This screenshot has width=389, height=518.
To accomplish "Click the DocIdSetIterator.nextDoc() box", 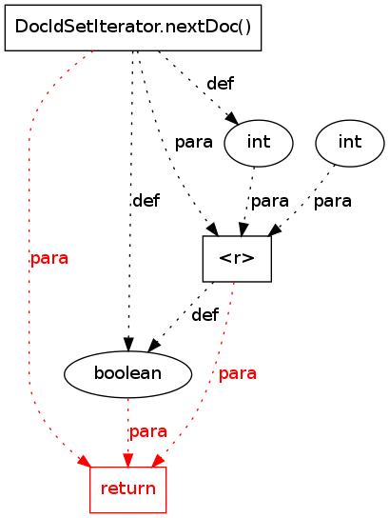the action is [133, 28].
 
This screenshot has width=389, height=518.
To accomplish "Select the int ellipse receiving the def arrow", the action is [259, 143].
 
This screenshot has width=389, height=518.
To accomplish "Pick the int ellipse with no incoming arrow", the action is [350, 143].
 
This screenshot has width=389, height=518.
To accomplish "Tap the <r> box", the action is [237, 259].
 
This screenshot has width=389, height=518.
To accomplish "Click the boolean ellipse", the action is [127, 374].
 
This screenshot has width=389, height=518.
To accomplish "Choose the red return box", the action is [128, 489].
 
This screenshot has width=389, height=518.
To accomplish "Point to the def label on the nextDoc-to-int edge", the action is [220, 83].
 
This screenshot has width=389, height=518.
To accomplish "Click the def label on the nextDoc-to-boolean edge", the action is [146, 200].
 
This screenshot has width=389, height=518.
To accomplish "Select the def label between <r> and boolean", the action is [204, 314].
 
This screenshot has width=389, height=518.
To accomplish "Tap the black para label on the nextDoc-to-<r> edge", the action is [194, 143].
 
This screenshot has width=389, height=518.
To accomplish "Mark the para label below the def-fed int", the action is [270, 201].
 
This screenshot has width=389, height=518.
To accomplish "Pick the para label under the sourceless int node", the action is [333, 201].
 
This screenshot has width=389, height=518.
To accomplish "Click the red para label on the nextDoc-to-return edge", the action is [49, 258].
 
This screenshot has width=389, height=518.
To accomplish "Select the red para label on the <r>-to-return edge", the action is [238, 373].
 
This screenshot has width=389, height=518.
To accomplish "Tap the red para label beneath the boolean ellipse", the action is [148, 431].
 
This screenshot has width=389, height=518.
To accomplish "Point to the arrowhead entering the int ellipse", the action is [232, 118].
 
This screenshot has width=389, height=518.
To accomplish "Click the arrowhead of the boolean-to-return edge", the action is [128, 460].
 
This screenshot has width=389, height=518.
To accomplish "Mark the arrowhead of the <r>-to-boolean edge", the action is [154, 345].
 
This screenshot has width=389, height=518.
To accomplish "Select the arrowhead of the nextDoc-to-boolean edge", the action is [128, 345].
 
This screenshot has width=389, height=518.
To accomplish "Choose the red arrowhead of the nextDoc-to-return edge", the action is [84, 461].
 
